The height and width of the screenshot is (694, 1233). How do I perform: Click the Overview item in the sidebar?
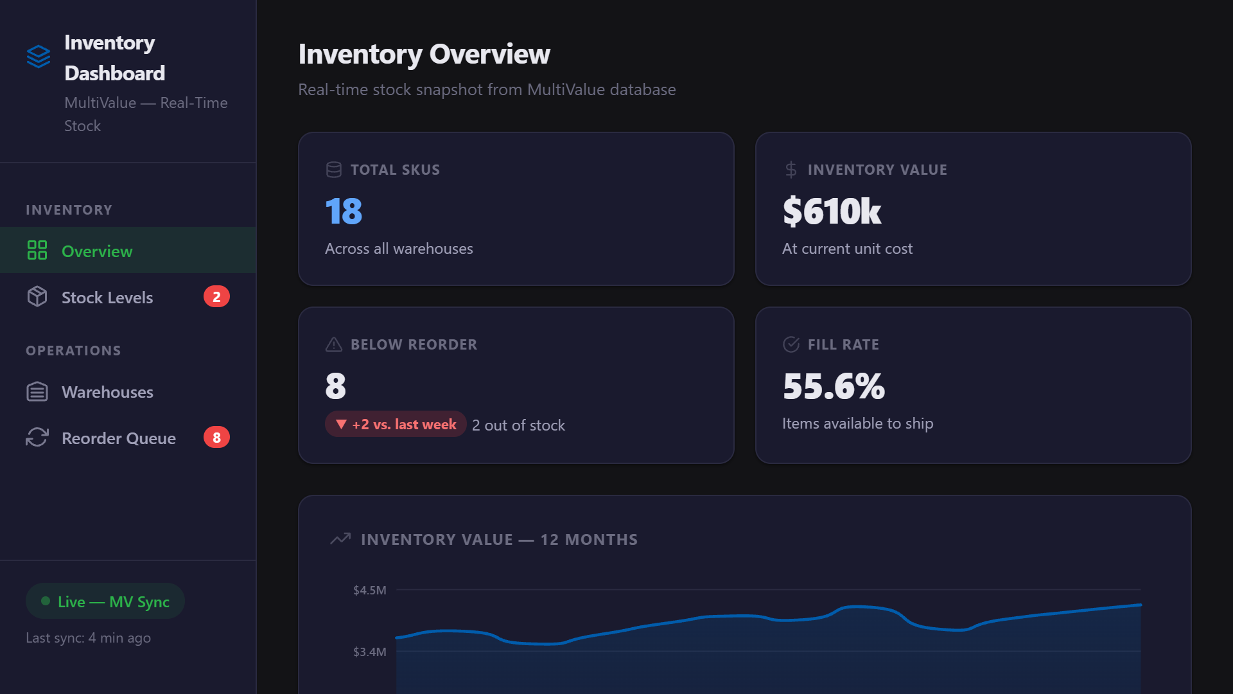point(96,251)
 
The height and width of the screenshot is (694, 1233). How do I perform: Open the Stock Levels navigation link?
point(107,298)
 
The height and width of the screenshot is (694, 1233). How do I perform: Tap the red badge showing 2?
point(216,297)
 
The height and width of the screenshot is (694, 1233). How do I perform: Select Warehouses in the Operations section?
point(107,392)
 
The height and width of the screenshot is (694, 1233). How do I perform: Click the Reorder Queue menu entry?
point(118,438)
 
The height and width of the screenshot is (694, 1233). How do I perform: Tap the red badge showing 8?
point(216,438)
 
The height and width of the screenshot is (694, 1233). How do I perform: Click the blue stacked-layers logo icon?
point(39,57)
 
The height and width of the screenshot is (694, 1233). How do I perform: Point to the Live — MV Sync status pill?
point(105,601)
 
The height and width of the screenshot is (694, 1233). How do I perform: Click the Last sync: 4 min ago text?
point(88,638)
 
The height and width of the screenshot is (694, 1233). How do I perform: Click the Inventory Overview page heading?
point(424,54)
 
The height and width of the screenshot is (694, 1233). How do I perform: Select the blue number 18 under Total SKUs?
point(344,211)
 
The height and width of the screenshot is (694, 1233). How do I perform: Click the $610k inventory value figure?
point(832,211)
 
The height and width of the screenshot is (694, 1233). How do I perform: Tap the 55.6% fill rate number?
point(834,386)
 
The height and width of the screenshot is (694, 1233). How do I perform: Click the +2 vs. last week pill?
point(396,424)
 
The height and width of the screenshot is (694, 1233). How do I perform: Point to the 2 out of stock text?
point(518,425)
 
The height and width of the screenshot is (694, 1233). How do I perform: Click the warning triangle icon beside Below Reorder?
point(334,344)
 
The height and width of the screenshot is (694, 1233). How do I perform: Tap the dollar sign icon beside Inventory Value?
point(791,170)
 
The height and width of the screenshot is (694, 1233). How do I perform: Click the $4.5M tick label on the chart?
point(369,590)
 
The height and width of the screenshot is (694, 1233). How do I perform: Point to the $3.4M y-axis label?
point(369,652)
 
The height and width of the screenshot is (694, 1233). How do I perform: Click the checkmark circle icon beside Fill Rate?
point(791,344)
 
